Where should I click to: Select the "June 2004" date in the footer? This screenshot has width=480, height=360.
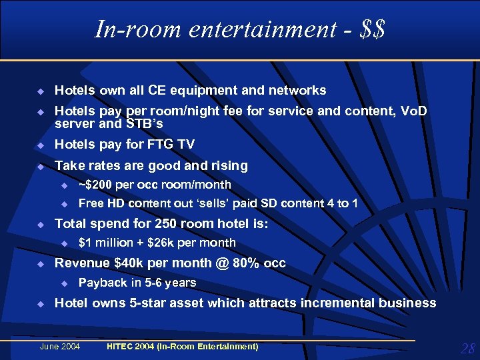(60, 347)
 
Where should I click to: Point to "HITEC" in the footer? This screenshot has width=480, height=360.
(122, 347)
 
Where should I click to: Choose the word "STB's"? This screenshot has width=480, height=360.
(144, 124)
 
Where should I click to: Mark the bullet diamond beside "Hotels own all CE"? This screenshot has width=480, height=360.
(40, 91)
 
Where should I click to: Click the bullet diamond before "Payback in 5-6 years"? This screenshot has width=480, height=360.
(65, 283)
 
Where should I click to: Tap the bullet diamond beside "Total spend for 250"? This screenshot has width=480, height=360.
(40, 225)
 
